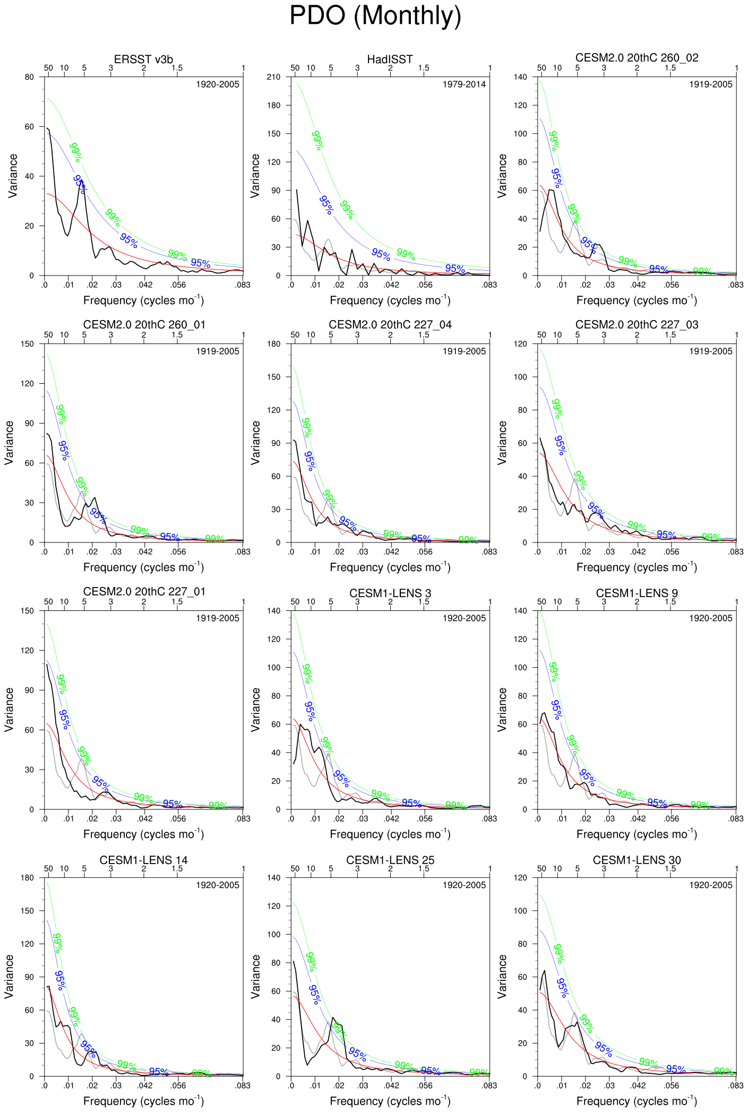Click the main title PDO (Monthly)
click(x=375, y=16)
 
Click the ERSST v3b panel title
click(x=143, y=59)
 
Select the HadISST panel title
click(x=390, y=59)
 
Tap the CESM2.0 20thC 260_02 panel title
click(x=637, y=58)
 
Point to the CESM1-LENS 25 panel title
click(x=390, y=860)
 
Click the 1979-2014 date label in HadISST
click(x=464, y=84)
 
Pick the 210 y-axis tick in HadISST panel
click(x=273, y=77)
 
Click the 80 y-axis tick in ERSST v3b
click(x=29, y=77)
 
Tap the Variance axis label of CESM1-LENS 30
click(x=502, y=977)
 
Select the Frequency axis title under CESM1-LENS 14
click(x=143, y=1101)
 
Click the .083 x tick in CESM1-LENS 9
click(x=736, y=818)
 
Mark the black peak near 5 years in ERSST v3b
click(x=81, y=180)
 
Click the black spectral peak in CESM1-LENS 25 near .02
click(x=333, y=1018)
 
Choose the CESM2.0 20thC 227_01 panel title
click(x=143, y=591)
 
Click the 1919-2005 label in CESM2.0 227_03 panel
click(x=710, y=351)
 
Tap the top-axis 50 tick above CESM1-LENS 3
click(x=295, y=601)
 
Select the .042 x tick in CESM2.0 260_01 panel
click(x=145, y=551)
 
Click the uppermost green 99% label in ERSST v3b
click(x=75, y=152)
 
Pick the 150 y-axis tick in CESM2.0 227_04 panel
click(x=273, y=377)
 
